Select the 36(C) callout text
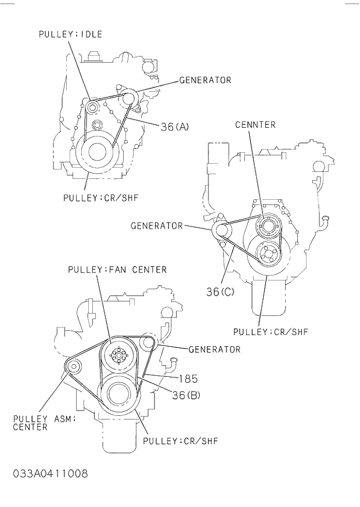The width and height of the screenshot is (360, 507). tap(220, 292)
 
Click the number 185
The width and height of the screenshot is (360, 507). tap(188, 379)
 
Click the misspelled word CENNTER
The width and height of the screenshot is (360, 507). tap(255, 125)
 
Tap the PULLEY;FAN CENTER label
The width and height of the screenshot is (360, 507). tap(117, 269)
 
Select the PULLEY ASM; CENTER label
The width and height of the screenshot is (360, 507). tap(44, 423)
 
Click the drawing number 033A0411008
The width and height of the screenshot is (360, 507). tap(50, 474)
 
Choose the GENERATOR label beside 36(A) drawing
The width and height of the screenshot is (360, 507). tap(205, 80)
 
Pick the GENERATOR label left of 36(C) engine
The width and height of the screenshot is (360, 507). tap(157, 225)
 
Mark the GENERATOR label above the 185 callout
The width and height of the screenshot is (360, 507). tap(214, 350)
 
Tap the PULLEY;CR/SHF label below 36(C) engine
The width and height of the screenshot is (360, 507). tap(270, 332)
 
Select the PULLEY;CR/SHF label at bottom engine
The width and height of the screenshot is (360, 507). tap(180, 441)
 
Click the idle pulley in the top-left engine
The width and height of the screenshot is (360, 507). tap(91, 107)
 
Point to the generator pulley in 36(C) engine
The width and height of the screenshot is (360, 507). tap(221, 231)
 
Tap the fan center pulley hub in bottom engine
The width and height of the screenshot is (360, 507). tap(118, 355)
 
